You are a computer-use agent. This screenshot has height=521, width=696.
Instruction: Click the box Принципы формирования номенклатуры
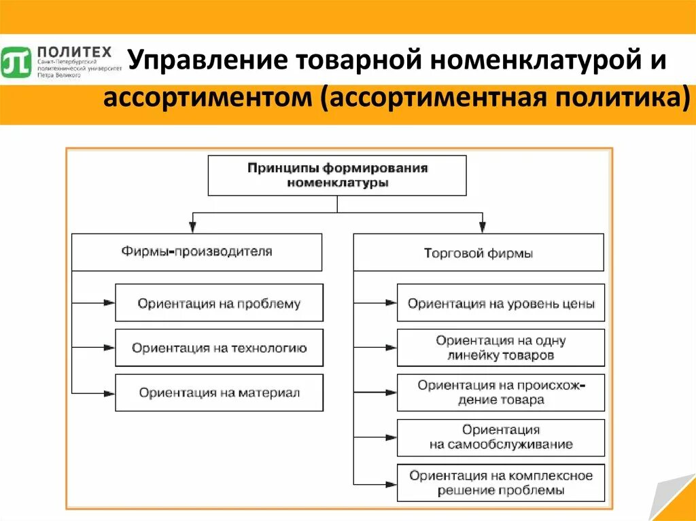click(x=337, y=175)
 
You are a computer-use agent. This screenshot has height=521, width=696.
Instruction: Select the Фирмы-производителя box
click(x=197, y=252)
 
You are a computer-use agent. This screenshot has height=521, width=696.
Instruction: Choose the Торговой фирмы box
click(x=478, y=253)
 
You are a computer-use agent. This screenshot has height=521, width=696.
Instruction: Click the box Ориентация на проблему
click(x=219, y=303)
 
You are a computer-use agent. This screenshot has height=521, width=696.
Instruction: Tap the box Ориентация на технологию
click(x=219, y=348)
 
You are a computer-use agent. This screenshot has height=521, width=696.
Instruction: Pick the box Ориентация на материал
click(x=219, y=393)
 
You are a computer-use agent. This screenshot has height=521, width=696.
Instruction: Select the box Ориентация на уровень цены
click(x=500, y=303)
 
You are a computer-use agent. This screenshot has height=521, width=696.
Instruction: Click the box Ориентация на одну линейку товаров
click(x=500, y=348)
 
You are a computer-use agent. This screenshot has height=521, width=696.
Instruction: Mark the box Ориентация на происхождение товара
click(x=500, y=393)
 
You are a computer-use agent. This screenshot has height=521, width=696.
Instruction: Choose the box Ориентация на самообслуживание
click(x=500, y=437)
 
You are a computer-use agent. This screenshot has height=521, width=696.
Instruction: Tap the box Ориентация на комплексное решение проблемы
click(x=500, y=482)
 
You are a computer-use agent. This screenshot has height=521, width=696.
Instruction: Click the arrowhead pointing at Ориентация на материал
click(x=109, y=393)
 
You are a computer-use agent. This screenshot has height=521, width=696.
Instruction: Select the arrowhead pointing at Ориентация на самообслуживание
click(x=390, y=437)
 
